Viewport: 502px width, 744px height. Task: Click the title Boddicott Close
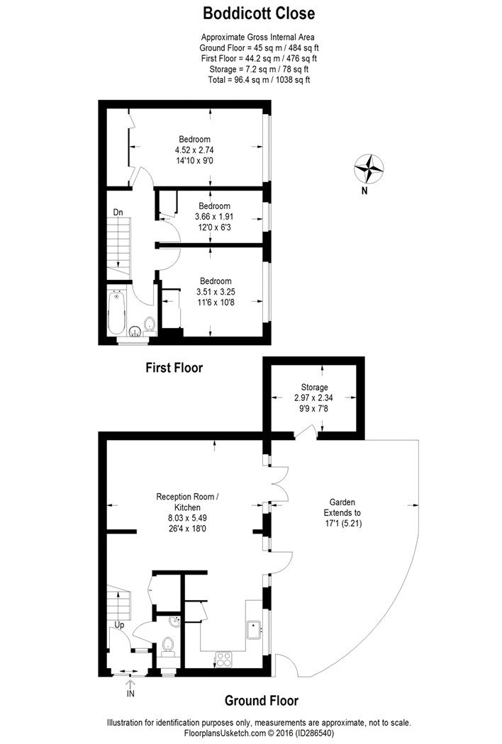point(259,13)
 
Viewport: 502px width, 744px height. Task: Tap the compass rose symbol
point(369,168)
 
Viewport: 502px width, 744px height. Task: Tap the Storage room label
point(313,388)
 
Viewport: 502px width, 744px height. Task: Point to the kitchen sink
point(252,629)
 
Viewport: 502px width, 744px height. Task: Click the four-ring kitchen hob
point(224,658)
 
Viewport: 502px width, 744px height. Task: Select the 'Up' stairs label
point(121,625)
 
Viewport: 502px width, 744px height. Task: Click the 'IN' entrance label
point(130,694)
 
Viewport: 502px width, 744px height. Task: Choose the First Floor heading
point(174,368)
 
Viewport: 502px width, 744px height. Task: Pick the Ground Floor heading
point(261,701)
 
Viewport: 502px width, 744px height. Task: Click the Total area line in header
point(259,80)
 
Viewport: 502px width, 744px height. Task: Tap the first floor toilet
point(149,325)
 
